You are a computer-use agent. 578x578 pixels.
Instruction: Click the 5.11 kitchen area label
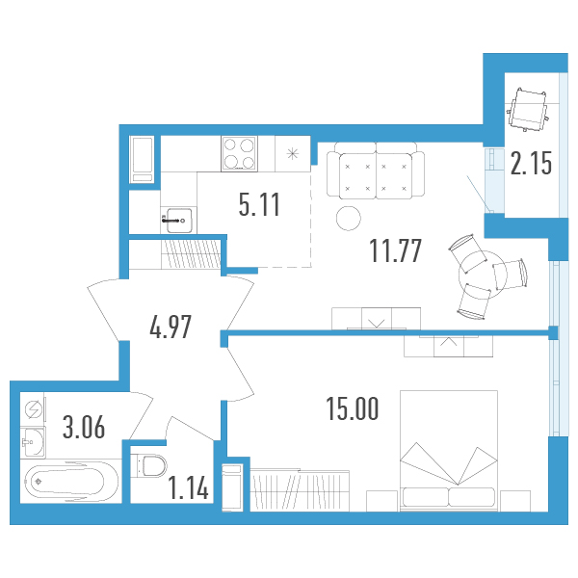[x=259, y=204]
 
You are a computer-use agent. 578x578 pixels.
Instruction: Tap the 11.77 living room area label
[x=395, y=250]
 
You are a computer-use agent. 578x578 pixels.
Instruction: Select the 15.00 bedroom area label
[x=353, y=408]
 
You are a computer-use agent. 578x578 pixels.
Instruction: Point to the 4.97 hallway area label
[x=171, y=327]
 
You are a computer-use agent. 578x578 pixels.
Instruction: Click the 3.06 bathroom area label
[x=84, y=427]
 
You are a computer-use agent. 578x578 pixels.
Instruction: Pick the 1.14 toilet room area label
[x=189, y=487]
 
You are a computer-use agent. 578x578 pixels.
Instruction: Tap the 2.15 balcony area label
[x=531, y=164]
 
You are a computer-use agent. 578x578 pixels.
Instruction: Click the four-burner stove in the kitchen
[x=239, y=154]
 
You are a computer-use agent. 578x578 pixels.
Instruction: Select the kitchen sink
[x=179, y=221]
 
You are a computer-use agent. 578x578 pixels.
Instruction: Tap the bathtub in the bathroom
[x=70, y=482]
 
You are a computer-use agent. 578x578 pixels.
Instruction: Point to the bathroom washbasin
[x=33, y=442]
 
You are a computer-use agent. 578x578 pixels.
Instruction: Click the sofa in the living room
[x=376, y=171]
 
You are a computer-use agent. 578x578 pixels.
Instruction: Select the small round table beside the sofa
[x=349, y=219]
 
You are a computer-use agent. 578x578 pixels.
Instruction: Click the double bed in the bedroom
[x=449, y=451]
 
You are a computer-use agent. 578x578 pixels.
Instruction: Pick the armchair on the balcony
[x=527, y=109]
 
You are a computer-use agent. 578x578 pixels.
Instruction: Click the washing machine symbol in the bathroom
[x=33, y=410]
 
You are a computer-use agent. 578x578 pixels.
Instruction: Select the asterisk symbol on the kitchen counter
[x=293, y=154]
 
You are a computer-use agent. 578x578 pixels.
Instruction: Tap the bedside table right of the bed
[x=515, y=501]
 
